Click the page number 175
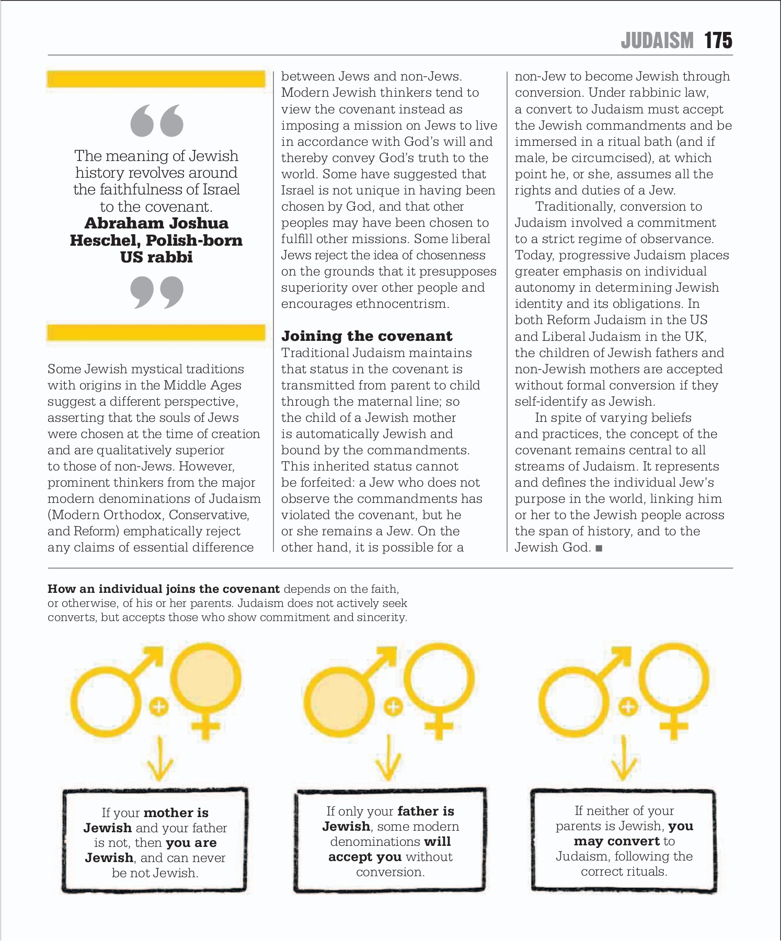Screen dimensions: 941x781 click(718, 41)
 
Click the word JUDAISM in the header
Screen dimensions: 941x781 click(657, 41)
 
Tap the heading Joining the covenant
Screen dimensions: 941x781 click(366, 336)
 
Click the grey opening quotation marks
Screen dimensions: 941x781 click(157, 121)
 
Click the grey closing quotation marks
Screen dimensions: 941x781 click(157, 292)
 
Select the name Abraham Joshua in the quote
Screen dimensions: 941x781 click(156, 223)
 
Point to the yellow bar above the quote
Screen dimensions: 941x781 click(156, 79)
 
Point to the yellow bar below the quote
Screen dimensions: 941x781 click(156, 333)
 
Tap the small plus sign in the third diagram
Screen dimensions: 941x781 click(628, 707)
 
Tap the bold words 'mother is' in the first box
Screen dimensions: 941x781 click(176, 813)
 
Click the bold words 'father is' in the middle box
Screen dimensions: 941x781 click(426, 811)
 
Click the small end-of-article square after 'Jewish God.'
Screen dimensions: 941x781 click(599, 548)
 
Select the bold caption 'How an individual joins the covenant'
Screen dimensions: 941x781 click(163, 589)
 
